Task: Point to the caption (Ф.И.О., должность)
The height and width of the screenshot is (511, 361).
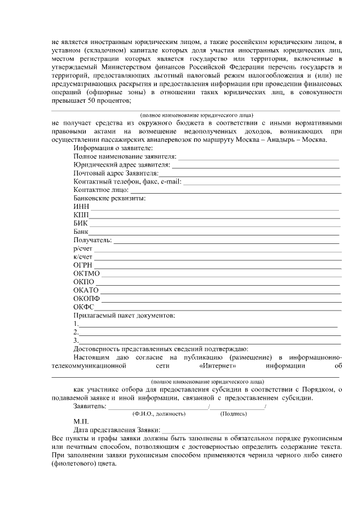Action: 159,414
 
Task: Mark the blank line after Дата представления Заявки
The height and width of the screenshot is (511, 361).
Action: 226,431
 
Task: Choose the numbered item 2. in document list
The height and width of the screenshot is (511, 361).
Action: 76,331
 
